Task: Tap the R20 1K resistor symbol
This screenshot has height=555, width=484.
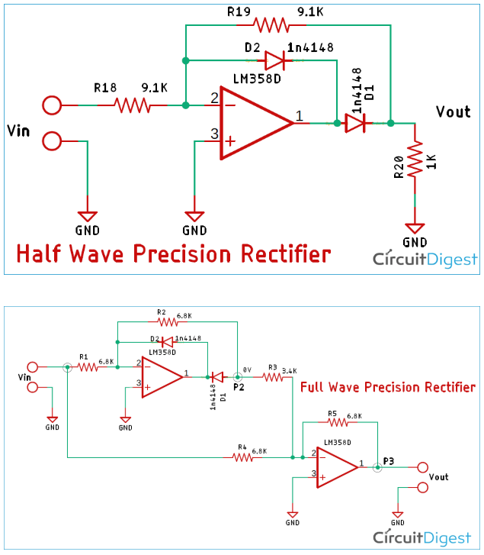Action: [415, 161]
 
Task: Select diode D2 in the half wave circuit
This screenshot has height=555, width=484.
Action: [274, 60]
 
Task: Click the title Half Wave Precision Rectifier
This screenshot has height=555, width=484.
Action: [173, 253]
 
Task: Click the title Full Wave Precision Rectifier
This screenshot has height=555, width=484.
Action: [387, 387]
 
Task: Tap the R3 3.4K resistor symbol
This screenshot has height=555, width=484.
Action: [271, 376]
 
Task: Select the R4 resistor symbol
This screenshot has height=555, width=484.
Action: [243, 457]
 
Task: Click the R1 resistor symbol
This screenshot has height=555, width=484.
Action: [87, 367]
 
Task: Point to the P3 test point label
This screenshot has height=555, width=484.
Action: [389, 461]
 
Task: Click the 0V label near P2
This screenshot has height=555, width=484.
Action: [247, 369]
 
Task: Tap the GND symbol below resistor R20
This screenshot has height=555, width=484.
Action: [415, 228]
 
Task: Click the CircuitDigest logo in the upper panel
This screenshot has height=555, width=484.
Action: [425, 260]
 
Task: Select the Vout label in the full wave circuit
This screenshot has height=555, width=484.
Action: [439, 476]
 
